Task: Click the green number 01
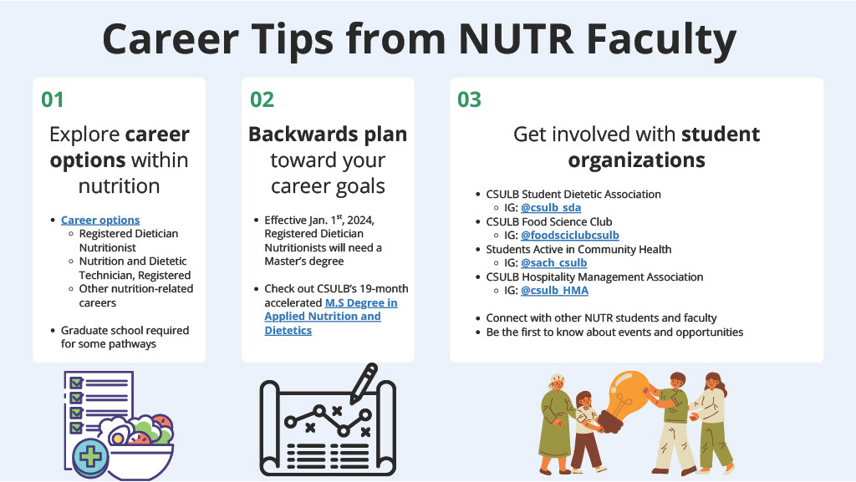[53, 100]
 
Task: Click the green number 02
[262, 100]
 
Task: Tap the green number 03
[469, 100]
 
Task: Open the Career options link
[100, 220]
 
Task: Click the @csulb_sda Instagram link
[551, 208]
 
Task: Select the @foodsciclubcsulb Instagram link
[569, 236]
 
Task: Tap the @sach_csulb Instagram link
[553, 263]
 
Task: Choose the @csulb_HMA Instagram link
[554, 291]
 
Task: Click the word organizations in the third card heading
[636, 160]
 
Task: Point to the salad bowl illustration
[138, 443]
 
